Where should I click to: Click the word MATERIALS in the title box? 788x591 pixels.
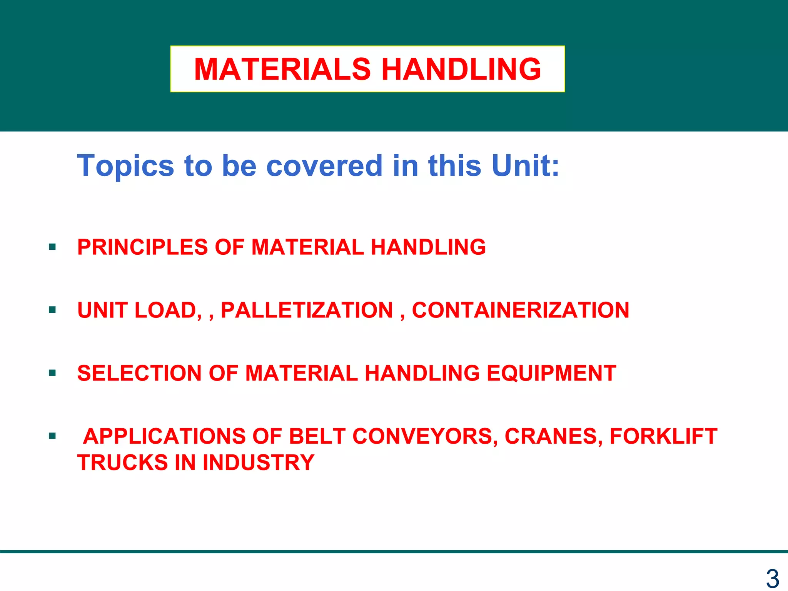282,69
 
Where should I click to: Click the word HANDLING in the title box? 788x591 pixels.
461,69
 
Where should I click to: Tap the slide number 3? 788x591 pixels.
772,579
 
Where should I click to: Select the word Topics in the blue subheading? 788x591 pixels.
125,166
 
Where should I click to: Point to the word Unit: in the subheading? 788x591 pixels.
525,165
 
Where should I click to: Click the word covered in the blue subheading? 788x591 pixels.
324,165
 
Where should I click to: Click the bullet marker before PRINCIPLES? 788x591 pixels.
53,247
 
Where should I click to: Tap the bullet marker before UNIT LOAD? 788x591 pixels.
53,310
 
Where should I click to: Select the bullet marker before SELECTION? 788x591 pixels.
53,373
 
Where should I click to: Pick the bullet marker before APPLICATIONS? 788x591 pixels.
53,436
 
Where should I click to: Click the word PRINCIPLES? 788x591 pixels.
142,247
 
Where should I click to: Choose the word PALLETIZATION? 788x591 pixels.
307,310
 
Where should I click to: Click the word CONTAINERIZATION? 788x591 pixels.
520,310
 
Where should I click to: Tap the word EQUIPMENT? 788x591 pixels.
551,373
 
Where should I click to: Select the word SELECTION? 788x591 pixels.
139,373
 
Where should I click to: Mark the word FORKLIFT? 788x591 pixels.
663,436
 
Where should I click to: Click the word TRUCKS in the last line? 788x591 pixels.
123,462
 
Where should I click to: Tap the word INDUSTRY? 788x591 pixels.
258,462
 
